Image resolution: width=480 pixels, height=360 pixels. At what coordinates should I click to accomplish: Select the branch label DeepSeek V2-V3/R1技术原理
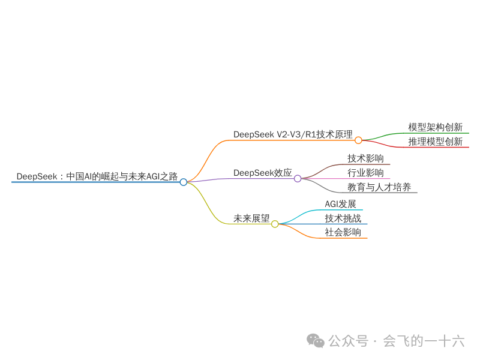click(293, 134)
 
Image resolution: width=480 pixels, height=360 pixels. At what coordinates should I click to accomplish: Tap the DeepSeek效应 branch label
click(262, 173)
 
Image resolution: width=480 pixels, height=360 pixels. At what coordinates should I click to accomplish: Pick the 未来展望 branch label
click(251, 218)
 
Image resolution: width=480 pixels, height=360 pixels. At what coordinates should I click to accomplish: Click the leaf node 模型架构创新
click(435, 127)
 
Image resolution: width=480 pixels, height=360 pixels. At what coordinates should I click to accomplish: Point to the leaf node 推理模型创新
click(435, 142)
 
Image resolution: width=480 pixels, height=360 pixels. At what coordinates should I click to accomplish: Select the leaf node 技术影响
click(365, 158)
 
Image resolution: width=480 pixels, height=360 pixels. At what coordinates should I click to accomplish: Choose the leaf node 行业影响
click(365, 173)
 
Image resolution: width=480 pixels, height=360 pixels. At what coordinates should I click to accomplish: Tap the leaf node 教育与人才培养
click(379, 187)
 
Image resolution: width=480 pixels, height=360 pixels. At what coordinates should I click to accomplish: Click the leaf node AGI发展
click(340, 204)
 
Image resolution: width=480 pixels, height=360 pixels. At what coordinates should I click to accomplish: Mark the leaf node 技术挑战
click(343, 218)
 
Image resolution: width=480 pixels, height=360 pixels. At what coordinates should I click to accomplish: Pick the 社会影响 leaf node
click(343, 232)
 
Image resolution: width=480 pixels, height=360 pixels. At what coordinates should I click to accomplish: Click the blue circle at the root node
click(184, 182)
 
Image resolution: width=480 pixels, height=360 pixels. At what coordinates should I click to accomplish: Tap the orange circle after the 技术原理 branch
click(358, 140)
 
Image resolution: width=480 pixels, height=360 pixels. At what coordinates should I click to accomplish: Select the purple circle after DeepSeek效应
click(298, 178)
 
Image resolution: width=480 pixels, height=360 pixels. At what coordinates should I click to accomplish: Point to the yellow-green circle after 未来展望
click(275, 224)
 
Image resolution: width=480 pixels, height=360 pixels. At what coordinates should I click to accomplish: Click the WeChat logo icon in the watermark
click(316, 340)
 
